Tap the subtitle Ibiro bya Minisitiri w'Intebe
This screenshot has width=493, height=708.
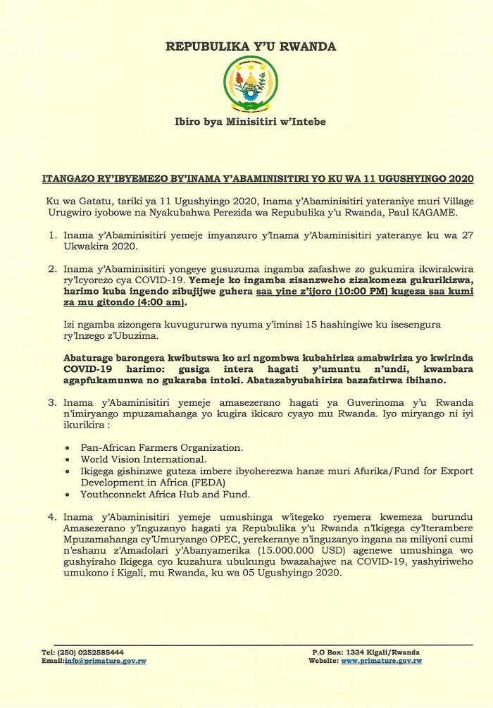coord(250,121)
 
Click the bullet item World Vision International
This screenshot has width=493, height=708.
coord(134,459)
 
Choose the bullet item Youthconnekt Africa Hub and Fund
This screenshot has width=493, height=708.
coord(156,495)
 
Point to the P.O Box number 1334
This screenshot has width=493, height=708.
coord(361,652)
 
